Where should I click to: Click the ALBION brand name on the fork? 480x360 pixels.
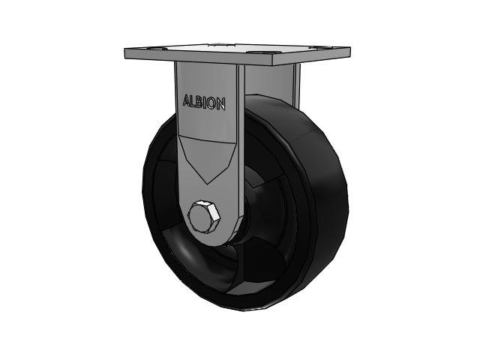(204, 102)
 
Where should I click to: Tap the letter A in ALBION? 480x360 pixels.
(187, 100)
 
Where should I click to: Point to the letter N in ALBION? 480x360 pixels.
(221, 104)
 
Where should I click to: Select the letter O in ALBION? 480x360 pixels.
(212, 103)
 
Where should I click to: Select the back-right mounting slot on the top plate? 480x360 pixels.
(313, 47)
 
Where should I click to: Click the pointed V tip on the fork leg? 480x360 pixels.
(208, 184)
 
